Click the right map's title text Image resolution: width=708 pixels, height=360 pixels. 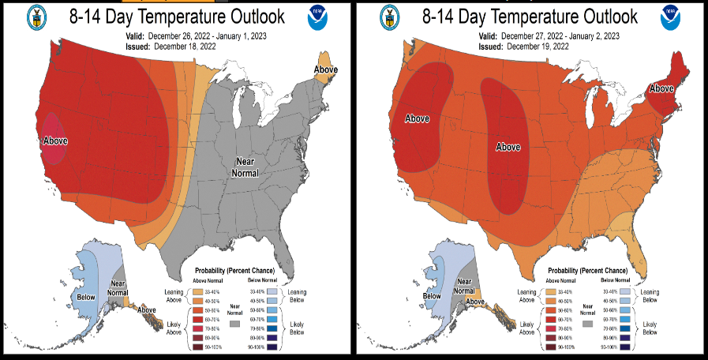530,16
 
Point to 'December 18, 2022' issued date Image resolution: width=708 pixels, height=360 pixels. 185,47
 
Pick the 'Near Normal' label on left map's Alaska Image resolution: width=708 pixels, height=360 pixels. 118,287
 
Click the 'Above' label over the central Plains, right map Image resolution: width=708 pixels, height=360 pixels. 508,147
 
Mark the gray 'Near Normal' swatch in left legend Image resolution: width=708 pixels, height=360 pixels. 234,324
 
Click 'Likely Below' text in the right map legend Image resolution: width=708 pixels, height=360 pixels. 649,328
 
